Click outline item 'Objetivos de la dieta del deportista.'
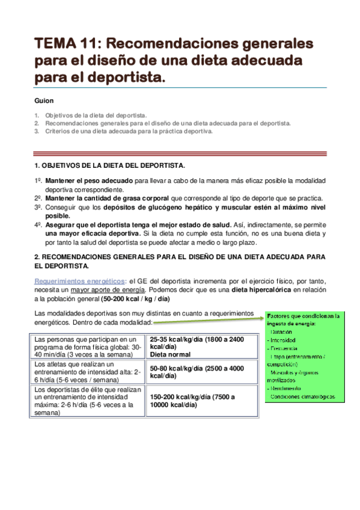(x=96, y=115)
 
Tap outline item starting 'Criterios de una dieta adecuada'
(x=129, y=131)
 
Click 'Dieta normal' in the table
(x=172, y=354)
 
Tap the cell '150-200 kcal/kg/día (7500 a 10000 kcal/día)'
(x=192, y=401)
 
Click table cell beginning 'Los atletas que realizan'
(x=88, y=372)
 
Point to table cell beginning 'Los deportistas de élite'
(x=88, y=401)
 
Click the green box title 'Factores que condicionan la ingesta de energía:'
(x=303, y=319)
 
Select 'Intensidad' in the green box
(x=283, y=340)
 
